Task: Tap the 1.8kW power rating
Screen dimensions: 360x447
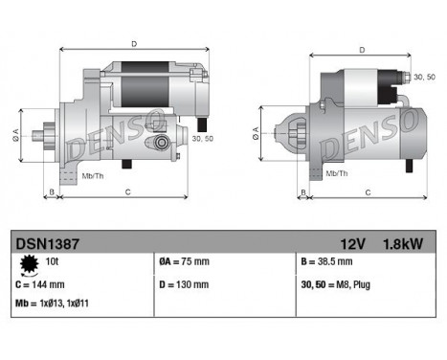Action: tap(403, 243)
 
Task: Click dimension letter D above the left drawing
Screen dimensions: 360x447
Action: tap(133, 43)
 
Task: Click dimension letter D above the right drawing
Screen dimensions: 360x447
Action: tap(361, 50)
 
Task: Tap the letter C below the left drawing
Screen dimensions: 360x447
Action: tap(127, 193)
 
